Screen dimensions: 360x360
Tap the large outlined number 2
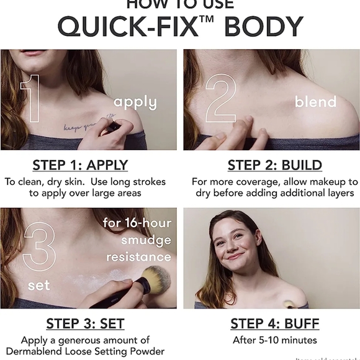[x=221, y=98]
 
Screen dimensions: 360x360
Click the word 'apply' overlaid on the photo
[x=135, y=102]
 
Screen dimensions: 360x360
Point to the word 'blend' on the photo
[x=315, y=102]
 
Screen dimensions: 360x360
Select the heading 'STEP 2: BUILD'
[x=274, y=165]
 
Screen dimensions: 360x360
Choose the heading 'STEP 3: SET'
[x=85, y=324]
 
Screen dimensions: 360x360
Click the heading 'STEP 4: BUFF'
[x=274, y=324]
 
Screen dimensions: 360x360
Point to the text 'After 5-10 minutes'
[x=274, y=340]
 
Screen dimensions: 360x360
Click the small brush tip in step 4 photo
[x=287, y=304]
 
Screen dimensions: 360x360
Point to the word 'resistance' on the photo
[x=138, y=256]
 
